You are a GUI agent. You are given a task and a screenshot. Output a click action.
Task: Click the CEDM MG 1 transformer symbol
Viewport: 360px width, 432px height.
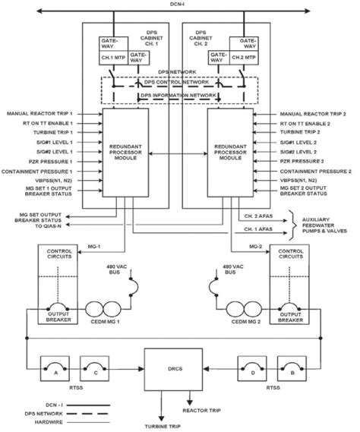103,311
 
